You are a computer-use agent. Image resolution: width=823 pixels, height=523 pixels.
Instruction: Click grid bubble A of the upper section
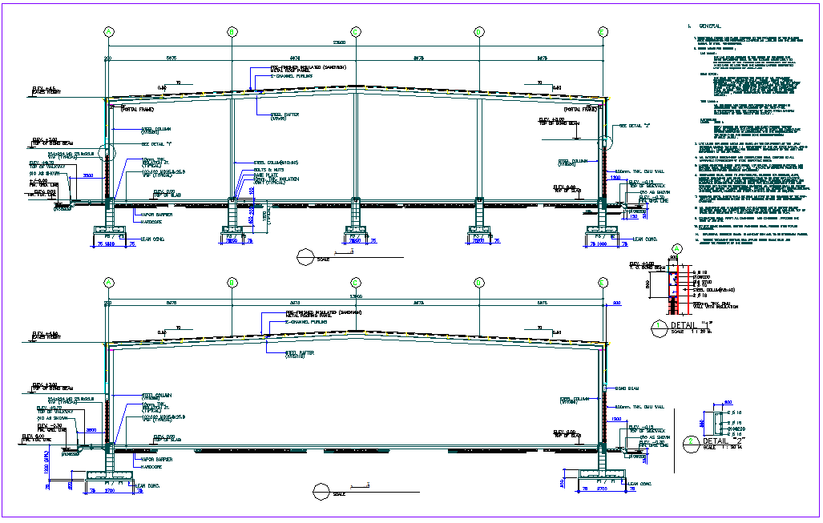tap(108, 31)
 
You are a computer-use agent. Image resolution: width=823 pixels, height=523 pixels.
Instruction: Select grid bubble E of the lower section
tap(603, 282)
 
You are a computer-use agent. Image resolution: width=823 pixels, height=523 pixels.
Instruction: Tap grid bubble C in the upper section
tap(355, 31)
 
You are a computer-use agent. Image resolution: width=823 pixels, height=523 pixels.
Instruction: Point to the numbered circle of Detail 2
tap(691, 441)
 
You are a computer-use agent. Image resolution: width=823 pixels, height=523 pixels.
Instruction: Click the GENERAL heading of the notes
tap(710, 26)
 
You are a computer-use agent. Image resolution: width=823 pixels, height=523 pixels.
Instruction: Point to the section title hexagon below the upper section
tap(305, 255)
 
